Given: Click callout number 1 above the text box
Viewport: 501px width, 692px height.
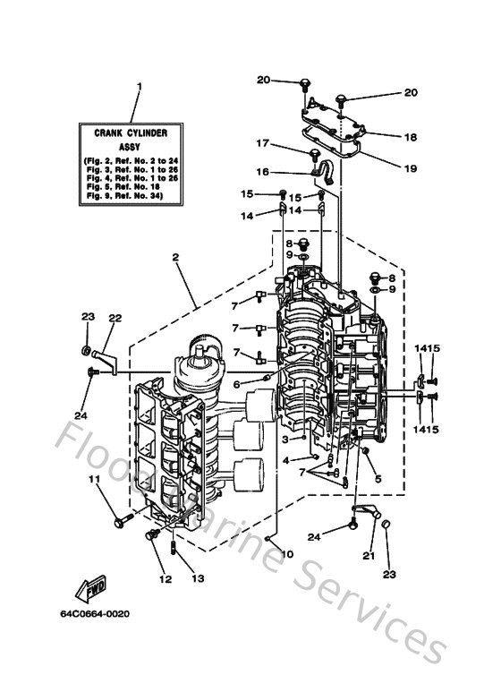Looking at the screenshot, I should tap(139, 88).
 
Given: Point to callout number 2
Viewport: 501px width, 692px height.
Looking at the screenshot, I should tap(176, 257).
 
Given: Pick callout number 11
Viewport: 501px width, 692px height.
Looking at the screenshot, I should tap(92, 481).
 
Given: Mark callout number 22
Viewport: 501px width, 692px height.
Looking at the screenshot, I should tap(115, 318).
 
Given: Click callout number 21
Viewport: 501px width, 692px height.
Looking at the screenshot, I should tap(369, 556).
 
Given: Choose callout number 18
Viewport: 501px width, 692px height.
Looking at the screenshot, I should tap(411, 137).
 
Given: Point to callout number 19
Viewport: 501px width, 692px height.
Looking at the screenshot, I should tap(411, 167).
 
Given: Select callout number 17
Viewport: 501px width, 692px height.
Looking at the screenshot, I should tap(262, 143).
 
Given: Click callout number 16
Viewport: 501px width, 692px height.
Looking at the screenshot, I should tap(262, 172).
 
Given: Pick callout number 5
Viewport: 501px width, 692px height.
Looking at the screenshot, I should tap(378, 479).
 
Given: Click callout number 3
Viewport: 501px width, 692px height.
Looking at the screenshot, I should tap(285, 440).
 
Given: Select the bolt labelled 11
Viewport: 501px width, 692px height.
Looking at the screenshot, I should tap(118, 519).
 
